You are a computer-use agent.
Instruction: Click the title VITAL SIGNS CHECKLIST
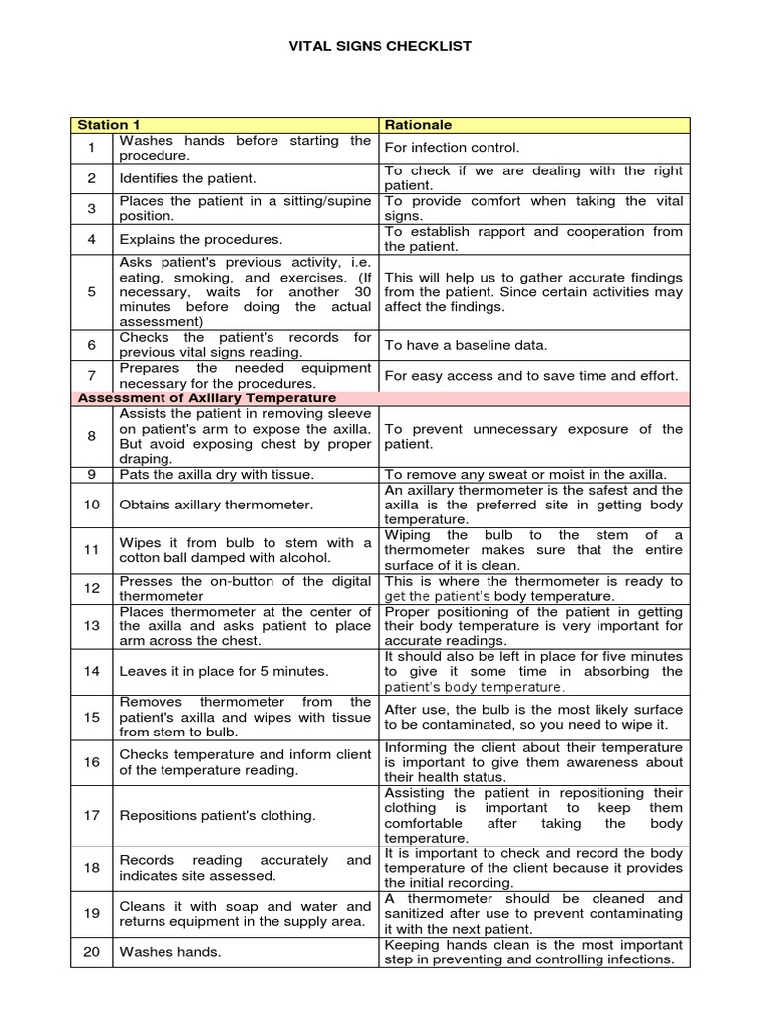(x=380, y=46)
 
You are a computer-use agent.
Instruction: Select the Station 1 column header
(x=109, y=125)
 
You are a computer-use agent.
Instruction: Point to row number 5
(x=92, y=292)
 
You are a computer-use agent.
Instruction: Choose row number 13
(x=92, y=626)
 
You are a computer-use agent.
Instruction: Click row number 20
(x=92, y=952)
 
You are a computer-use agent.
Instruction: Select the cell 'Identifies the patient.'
(x=187, y=178)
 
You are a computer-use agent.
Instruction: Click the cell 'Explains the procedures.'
(x=201, y=239)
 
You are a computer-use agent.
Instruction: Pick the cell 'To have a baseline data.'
(x=465, y=345)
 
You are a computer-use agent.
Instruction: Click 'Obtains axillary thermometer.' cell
(x=216, y=505)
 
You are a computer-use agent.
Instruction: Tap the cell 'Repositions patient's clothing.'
(x=217, y=815)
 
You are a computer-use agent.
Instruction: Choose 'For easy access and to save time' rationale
(x=531, y=376)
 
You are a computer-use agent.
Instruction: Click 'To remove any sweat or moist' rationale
(x=525, y=474)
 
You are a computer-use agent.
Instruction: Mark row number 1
(x=92, y=148)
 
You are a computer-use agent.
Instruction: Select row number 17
(x=92, y=815)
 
